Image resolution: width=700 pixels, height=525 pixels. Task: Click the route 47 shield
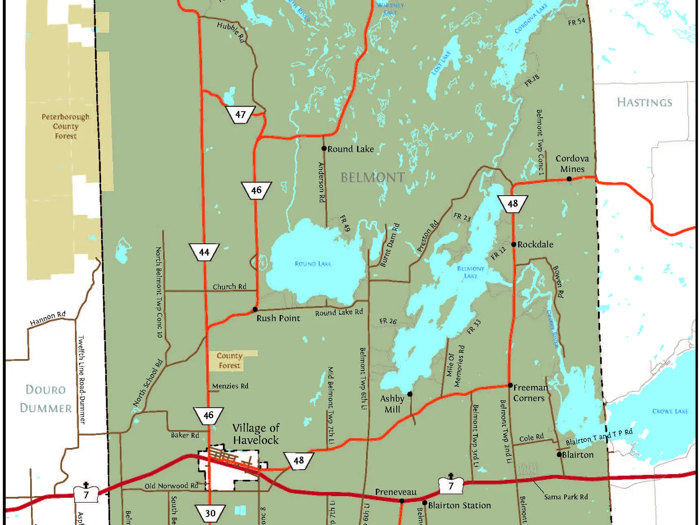240,115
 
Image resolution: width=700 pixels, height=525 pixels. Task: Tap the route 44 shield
204,252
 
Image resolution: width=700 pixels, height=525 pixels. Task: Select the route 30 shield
210,513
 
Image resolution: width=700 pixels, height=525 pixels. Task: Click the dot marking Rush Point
255,309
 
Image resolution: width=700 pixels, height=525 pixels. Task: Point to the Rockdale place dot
514,244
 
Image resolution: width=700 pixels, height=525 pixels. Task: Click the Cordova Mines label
572,164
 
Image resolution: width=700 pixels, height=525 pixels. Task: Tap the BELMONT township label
372,177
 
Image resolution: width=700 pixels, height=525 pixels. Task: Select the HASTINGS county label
644,102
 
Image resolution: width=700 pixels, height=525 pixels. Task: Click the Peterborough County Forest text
66,126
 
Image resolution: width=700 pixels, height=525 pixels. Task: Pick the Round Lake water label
313,264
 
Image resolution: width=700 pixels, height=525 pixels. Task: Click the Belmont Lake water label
470,272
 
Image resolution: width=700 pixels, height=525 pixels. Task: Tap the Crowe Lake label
670,411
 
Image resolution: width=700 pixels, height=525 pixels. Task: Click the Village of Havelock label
256,434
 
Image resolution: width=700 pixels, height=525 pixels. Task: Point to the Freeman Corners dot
510,385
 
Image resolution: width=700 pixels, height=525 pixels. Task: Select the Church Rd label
229,287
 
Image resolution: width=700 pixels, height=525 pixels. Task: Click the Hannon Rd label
48,318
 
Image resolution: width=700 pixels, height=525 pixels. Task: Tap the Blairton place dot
559,455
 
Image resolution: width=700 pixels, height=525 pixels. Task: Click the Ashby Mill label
392,404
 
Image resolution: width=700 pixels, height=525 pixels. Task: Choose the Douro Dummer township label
46,399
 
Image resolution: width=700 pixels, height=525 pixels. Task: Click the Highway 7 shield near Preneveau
451,485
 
